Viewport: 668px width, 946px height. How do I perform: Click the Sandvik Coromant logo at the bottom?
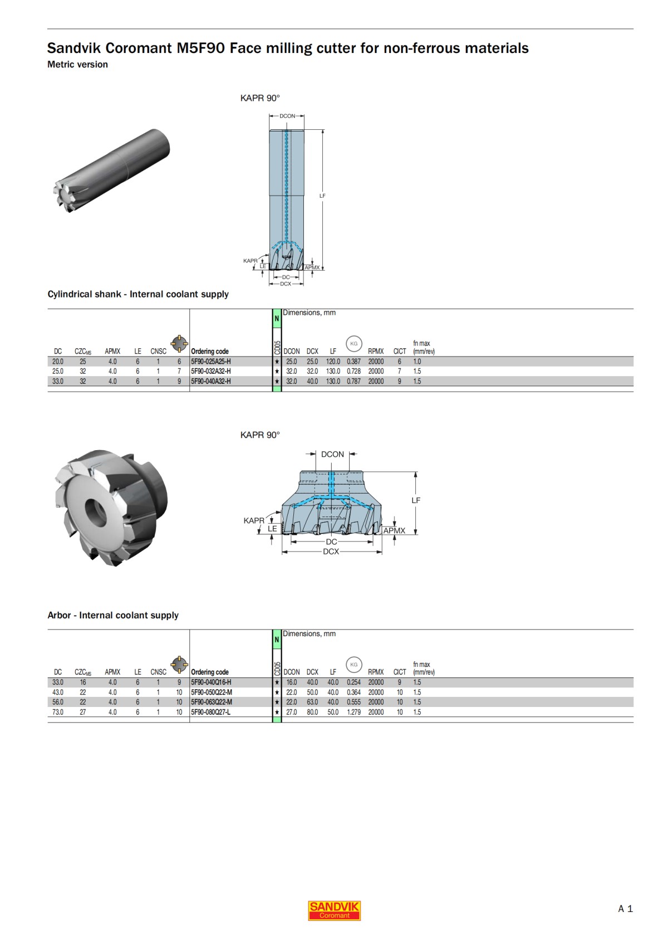334,910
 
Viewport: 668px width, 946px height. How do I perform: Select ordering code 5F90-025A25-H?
211,362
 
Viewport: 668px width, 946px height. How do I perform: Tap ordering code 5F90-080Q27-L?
210,712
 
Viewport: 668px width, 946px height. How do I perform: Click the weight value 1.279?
353,712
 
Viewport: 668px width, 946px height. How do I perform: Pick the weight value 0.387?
353,362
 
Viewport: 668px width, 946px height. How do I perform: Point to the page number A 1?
625,909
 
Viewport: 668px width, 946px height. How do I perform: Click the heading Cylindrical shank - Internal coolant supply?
138,294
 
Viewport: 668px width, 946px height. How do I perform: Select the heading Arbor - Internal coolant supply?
113,615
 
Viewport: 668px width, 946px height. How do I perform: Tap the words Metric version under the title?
77,65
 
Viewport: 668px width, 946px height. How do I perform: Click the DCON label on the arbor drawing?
332,455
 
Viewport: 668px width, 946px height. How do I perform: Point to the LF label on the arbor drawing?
416,500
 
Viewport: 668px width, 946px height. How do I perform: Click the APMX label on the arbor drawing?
394,530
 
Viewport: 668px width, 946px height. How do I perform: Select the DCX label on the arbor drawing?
331,552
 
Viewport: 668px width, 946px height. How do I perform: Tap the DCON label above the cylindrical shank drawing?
287,116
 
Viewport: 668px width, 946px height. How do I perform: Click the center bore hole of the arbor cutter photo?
96,509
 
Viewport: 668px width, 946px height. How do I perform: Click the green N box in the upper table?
277,318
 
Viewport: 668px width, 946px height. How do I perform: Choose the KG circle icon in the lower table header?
354,664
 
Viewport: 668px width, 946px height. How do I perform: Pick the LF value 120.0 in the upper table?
333,362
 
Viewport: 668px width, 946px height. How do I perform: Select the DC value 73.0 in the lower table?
58,712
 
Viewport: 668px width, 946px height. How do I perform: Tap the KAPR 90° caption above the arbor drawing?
260,435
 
